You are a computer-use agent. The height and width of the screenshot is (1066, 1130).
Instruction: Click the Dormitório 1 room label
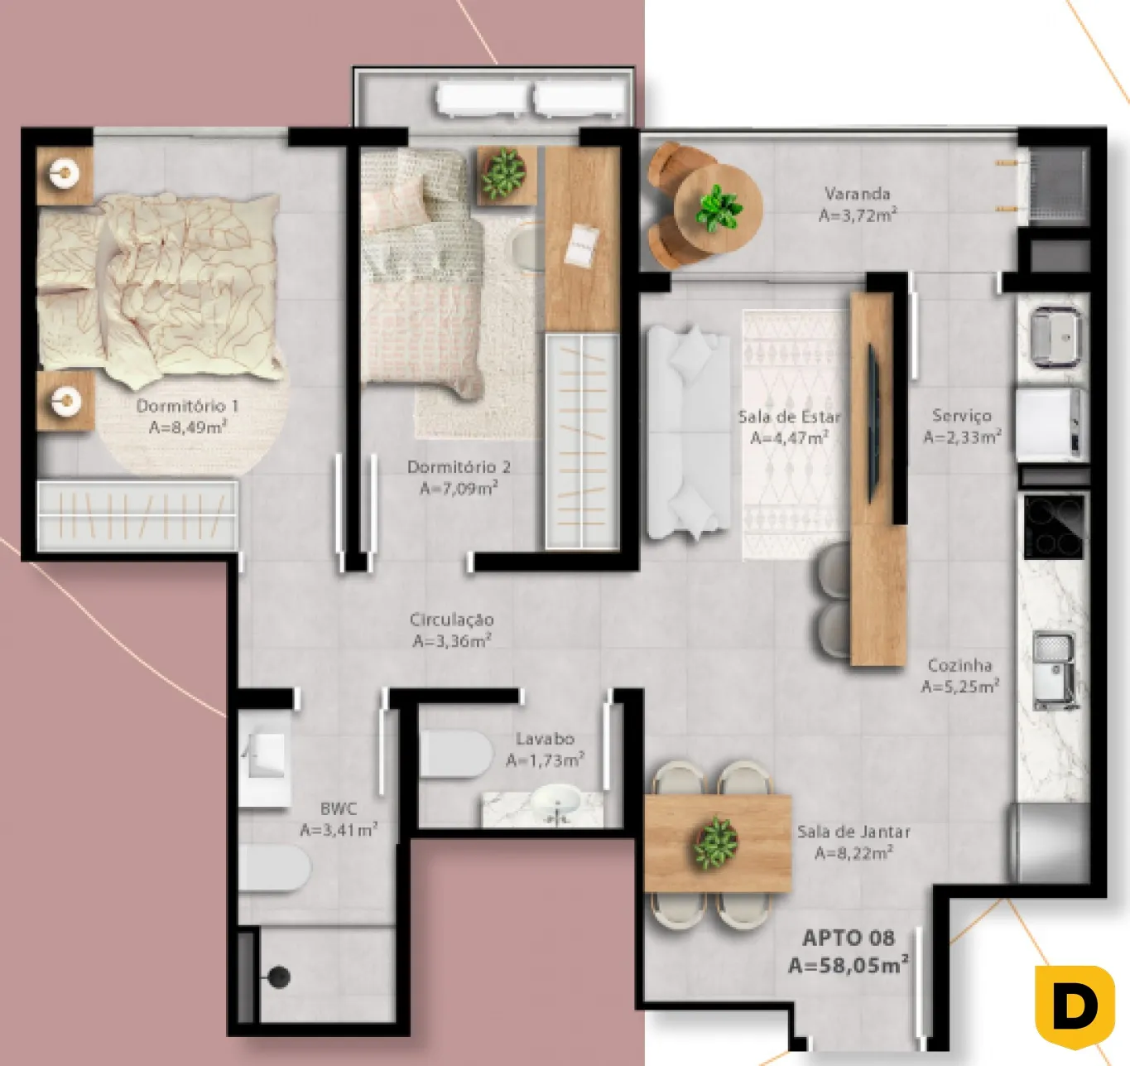pos(187,406)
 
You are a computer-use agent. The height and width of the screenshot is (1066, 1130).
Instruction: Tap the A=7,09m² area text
pos(459,488)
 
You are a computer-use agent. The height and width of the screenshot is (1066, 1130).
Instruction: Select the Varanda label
pos(858,194)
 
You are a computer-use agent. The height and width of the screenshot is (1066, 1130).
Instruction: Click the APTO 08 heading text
pos(849,938)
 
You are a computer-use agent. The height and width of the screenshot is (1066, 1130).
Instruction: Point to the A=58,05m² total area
pos(849,965)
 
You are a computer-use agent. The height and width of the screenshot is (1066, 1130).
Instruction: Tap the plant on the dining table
pos(716,843)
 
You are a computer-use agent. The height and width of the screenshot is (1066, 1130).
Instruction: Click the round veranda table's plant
pos(719,208)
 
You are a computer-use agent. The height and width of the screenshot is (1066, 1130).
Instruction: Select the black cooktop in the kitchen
pos(1054,527)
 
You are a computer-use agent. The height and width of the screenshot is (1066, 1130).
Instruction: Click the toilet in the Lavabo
pos(455,754)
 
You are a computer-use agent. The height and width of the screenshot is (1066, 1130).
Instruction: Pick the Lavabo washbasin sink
pos(556,802)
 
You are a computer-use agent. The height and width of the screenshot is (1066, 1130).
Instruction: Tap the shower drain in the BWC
pos(279,977)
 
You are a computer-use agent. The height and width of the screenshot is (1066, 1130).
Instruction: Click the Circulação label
pos(452,619)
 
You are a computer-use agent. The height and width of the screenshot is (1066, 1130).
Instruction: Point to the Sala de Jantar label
pos(854,832)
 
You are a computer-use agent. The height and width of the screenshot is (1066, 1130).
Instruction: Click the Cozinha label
pos(959,665)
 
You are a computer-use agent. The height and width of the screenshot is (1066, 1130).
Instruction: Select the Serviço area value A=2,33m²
pos(962,437)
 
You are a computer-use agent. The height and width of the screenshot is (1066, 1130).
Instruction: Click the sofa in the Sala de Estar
pos(688,432)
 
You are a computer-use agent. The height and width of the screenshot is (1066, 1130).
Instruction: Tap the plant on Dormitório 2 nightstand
pos(503,172)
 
